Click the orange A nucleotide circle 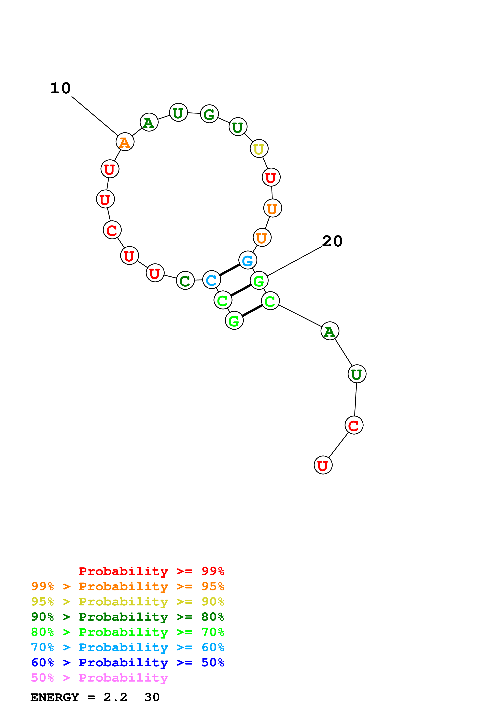click(x=125, y=142)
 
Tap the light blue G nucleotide click(x=248, y=260)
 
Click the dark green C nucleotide click(x=185, y=281)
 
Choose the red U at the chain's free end click(x=323, y=465)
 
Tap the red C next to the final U click(x=354, y=425)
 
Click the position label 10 click(x=61, y=88)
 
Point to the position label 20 click(x=332, y=241)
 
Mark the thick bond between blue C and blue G click(x=229, y=270)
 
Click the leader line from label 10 click(x=95, y=116)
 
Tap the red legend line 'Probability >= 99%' click(x=151, y=571)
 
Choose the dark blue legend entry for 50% click(x=127, y=663)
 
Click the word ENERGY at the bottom click(x=55, y=697)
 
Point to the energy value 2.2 click(x=115, y=697)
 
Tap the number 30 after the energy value click(x=152, y=697)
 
